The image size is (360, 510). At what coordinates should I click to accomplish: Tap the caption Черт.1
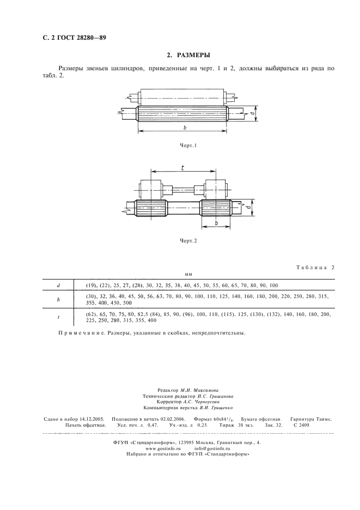(x=187, y=146)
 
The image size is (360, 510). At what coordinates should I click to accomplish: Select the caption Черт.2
(x=187, y=240)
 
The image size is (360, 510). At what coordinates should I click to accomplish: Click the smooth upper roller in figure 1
(x=182, y=97)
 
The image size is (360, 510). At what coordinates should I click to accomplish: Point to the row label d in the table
(x=58, y=286)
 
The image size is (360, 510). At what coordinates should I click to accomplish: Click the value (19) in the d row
(x=91, y=286)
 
